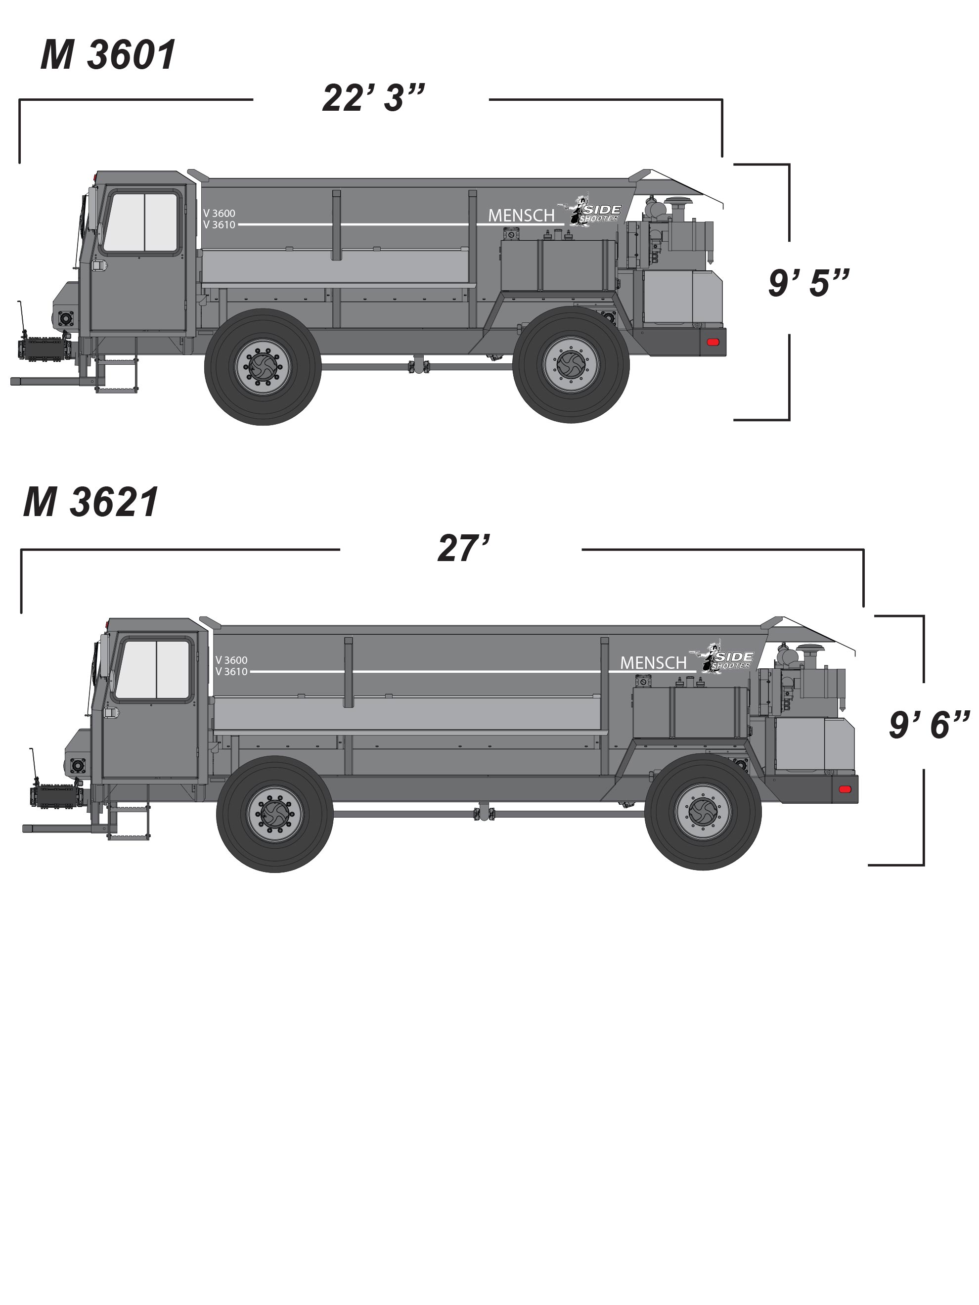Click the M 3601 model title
[108, 55]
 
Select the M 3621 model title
[91, 503]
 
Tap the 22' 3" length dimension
[373, 97]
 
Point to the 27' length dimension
[464, 548]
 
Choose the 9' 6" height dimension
[930, 725]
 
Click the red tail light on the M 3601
[713, 342]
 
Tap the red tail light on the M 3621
[845, 789]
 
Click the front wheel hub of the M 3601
[263, 366]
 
